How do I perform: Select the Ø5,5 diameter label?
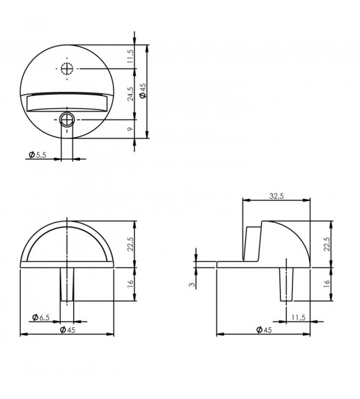coord(37,155)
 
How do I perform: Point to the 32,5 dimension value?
coord(276,195)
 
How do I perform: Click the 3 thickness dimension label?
coord(191,285)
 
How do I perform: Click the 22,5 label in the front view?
coord(130,242)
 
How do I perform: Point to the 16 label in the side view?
coord(327,283)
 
